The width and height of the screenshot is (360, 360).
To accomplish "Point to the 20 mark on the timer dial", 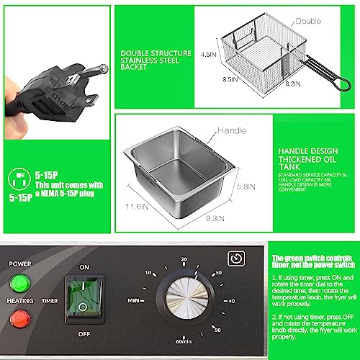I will click(x=184, y=260).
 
